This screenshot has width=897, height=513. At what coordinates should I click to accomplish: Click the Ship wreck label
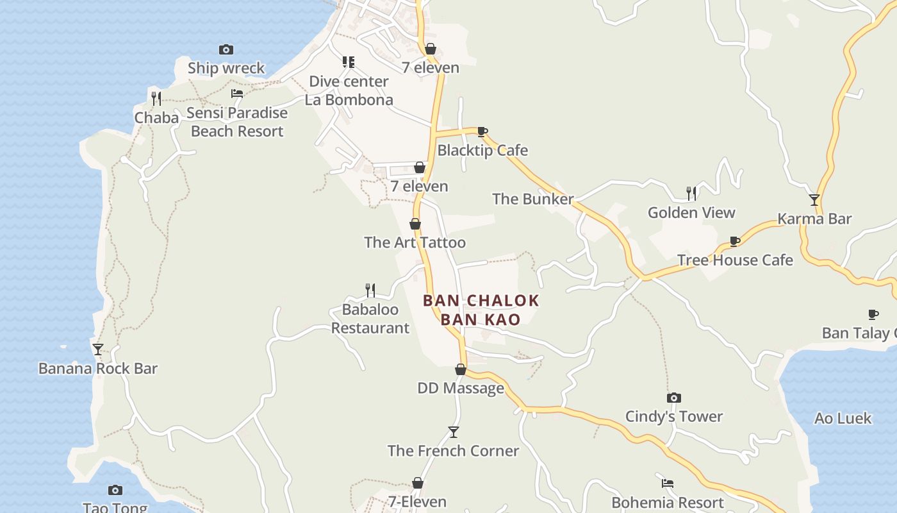(x=226, y=68)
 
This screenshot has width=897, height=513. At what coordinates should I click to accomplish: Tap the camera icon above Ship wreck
(x=226, y=49)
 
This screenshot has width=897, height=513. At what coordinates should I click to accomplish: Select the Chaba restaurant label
(x=156, y=117)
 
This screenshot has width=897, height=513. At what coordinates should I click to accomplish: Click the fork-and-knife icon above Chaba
(x=156, y=98)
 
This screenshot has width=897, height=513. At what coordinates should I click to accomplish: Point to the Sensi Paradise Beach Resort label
(x=237, y=122)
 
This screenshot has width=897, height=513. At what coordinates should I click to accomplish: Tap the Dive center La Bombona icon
(x=349, y=62)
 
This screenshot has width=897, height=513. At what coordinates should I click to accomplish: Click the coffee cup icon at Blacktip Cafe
(x=482, y=132)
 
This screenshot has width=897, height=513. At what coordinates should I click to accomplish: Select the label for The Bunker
(x=532, y=199)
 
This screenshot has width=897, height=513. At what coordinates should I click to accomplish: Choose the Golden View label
(x=691, y=212)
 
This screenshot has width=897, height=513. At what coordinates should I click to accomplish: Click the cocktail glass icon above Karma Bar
(x=814, y=200)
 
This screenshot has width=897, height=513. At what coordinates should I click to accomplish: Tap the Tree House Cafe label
(x=735, y=260)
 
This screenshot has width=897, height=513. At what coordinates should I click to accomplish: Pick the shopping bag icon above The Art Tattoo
(x=415, y=224)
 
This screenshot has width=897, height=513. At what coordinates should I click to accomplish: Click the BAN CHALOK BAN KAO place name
(x=481, y=310)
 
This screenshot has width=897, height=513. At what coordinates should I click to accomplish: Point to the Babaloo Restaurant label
(x=370, y=319)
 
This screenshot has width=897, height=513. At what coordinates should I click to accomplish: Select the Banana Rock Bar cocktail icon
(x=98, y=349)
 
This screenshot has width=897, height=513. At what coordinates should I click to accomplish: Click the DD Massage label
(x=461, y=388)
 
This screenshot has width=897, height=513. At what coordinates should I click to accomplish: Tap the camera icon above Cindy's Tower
(x=673, y=398)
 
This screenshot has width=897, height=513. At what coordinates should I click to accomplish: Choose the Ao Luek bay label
(x=843, y=418)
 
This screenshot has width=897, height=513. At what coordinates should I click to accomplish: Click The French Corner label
(x=453, y=451)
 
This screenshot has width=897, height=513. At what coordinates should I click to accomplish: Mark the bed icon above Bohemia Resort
(x=668, y=483)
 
